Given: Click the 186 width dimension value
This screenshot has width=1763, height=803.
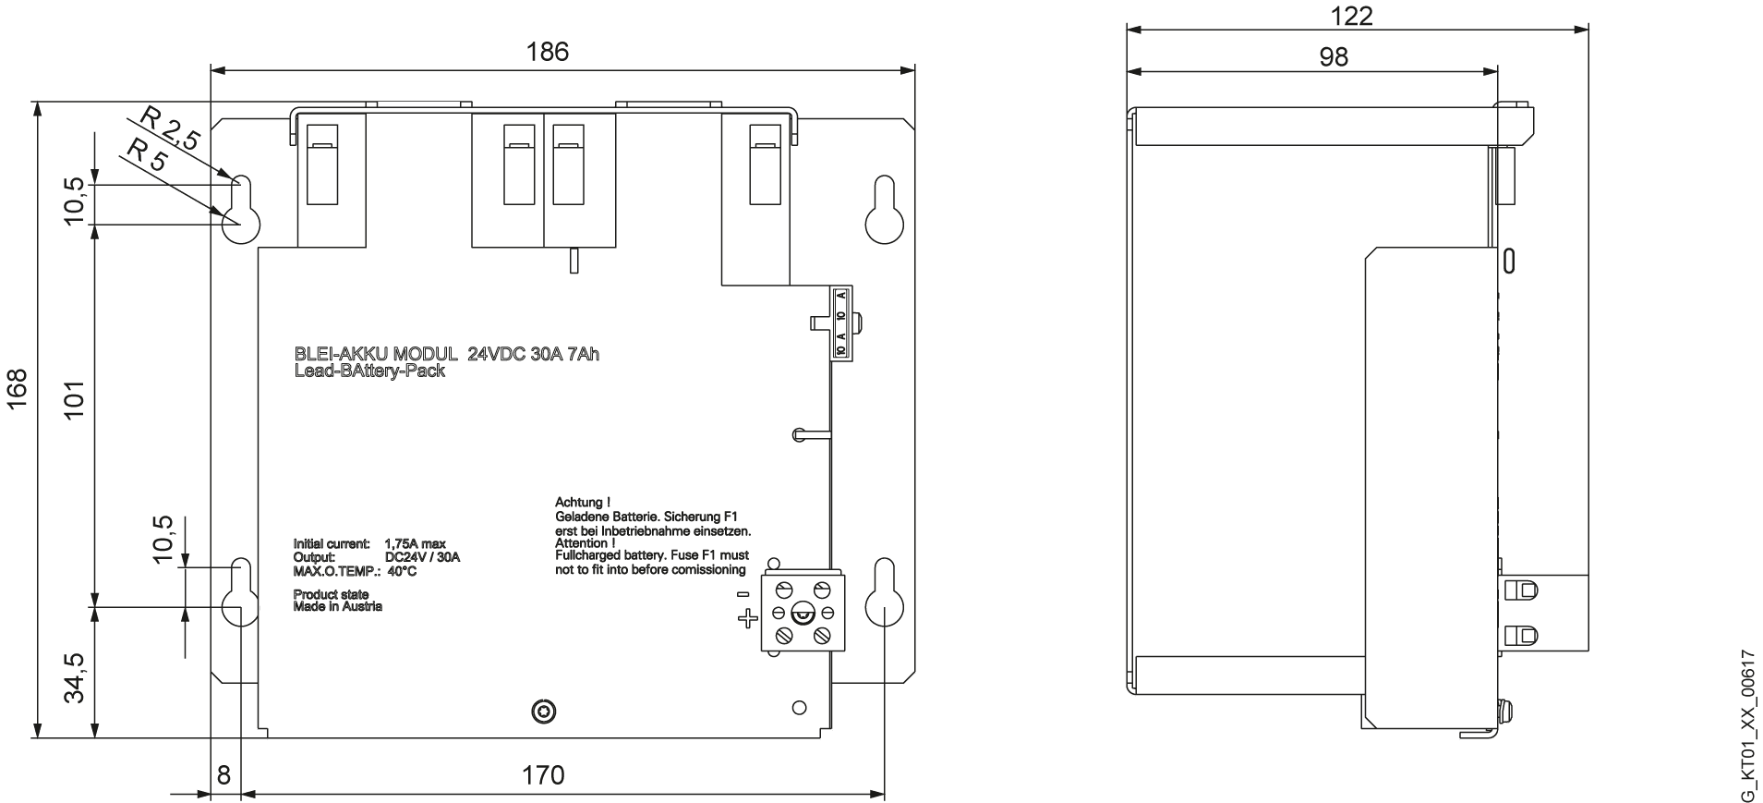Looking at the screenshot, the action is click(548, 52).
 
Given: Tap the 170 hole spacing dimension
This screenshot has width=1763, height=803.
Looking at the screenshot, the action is click(543, 774).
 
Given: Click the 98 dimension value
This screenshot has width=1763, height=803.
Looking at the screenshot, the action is click(1333, 57).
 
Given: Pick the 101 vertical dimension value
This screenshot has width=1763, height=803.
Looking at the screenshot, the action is click(74, 399).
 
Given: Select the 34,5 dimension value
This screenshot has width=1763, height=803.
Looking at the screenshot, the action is click(74, 678).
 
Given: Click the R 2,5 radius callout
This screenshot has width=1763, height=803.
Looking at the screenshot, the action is click(169, 128).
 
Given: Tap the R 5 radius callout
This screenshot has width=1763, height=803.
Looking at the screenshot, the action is click(146, 154).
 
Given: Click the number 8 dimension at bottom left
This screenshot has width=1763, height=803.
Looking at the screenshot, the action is click(223, 774).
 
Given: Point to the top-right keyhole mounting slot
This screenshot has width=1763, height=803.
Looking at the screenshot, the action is click(883, 209).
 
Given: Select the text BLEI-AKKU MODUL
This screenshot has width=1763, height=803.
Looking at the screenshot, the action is click(375, 354).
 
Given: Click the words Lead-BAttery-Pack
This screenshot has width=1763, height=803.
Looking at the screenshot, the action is click(368, 371).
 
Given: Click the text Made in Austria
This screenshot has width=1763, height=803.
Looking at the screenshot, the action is click(337, 606).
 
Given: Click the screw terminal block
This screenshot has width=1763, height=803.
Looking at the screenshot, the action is click(800, 612).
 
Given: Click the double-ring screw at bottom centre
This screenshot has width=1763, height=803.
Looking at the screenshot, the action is click(544, 711).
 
